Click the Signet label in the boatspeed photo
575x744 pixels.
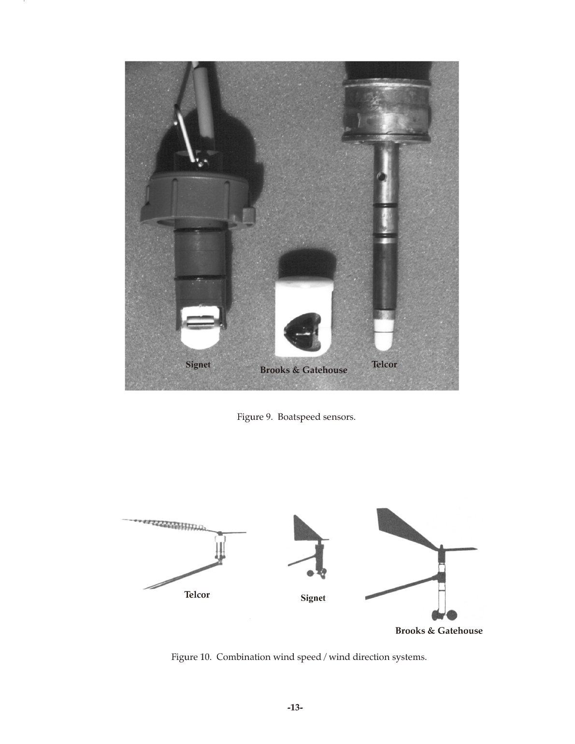click(198, 365)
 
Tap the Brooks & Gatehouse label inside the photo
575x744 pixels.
click(303, 370)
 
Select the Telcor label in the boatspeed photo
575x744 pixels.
click(384, 365)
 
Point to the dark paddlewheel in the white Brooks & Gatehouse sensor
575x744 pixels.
click(300, 332)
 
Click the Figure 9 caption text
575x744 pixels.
click(296, 417)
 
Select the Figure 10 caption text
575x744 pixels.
click(299, 657)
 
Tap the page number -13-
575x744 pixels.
click(295, 708)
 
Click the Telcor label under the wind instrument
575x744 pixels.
click(197, 595)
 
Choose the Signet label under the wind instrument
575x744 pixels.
click(313, 598)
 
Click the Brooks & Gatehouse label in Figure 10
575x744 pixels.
click(439, 631)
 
